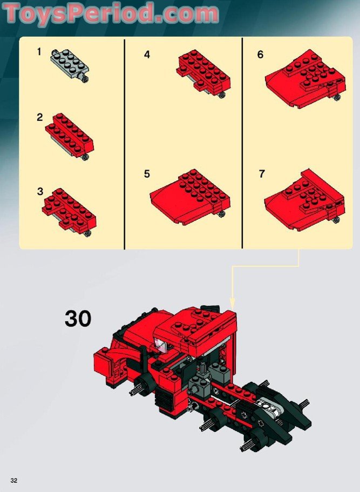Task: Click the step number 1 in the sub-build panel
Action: [x=39, y=52]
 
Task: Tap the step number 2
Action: [x=39, y=117]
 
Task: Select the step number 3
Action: [x=39, y=191]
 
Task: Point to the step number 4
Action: [x=147, y=55]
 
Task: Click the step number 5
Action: [x=147, y=174]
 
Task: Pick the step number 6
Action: [x=260, y=55]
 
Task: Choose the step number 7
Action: [x=262, y=174]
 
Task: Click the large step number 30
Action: [x=78, y=319]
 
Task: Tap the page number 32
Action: [x=13, y=481]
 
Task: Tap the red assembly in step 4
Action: [x=205, y=72]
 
